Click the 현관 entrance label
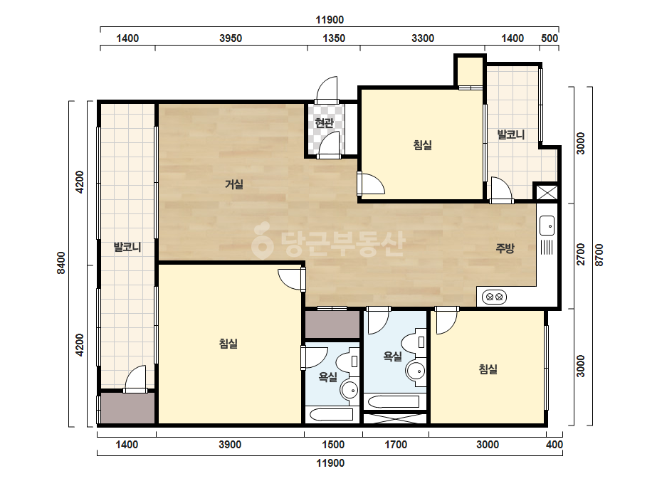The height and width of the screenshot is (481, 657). tap(325, 123)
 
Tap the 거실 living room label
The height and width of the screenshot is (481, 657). tap(234, 184)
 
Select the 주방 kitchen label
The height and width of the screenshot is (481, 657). tap(505, 248)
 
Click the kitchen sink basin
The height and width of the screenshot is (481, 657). tap(547, 226)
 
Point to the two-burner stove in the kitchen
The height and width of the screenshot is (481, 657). tap(495, 297)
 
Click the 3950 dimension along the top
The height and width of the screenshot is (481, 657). tap(231, 38)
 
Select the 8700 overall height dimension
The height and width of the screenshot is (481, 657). tap(599, 255)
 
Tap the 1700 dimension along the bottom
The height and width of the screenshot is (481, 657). tap(396, 444)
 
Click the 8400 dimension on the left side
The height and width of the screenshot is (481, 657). tap(62, 263)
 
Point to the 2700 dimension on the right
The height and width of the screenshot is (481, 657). tap(581, 254)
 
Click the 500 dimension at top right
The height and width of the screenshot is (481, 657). tap(550, 38)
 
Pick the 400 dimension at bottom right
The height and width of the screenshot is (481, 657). tap(554, 444)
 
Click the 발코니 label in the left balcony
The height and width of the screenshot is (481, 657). tap(127, 247)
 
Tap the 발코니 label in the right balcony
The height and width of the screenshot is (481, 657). tap(511, 134)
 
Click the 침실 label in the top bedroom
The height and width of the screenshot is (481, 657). tap(423, 145)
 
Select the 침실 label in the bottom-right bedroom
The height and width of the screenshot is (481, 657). tap(488, 369)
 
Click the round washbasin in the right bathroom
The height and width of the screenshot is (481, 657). tap(415, 371)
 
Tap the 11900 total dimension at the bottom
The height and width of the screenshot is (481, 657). tap(330, 463)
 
